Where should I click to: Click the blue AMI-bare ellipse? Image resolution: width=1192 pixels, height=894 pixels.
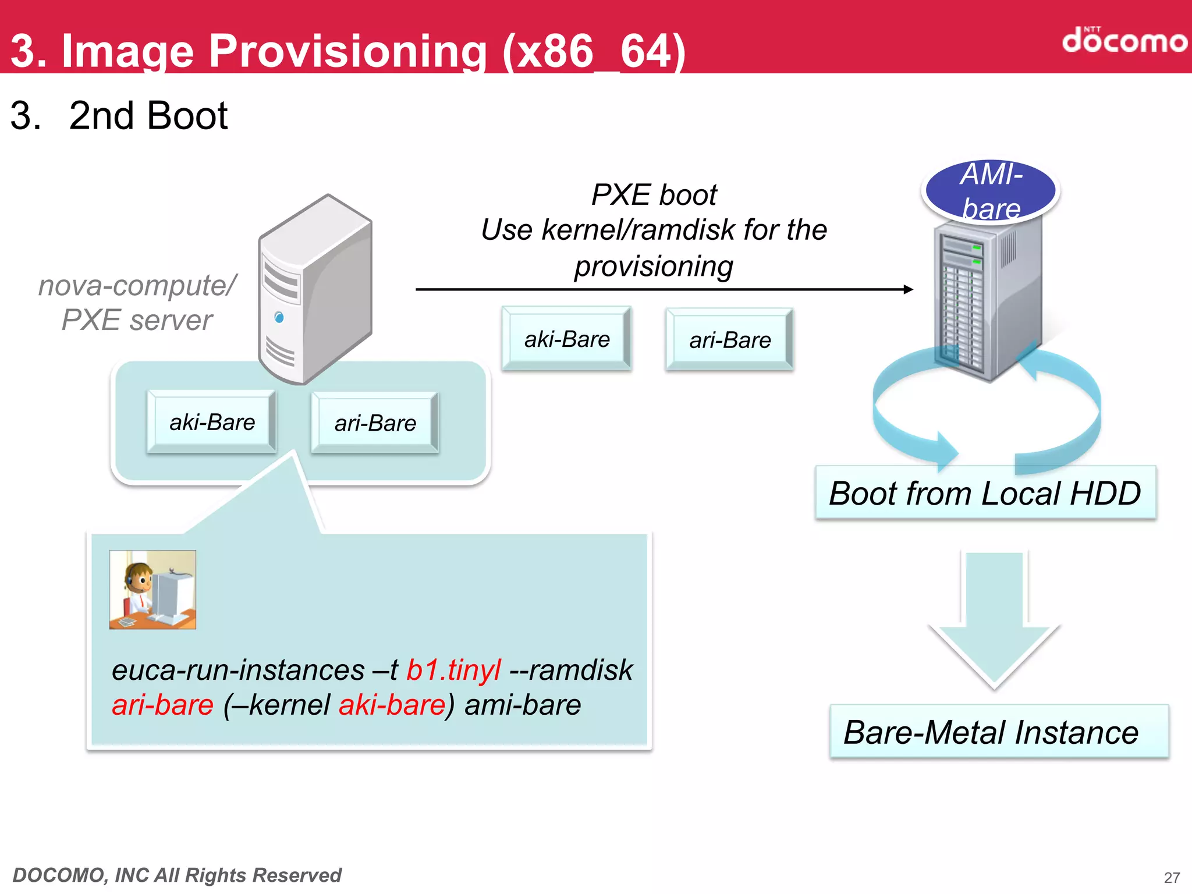click(991, 191)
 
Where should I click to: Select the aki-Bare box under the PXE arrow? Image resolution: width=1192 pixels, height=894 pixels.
click(566, 339)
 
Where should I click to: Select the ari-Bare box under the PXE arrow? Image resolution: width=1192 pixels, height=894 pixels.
click(729, 340)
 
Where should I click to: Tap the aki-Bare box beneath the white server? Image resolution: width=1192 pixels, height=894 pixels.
click(212, 422)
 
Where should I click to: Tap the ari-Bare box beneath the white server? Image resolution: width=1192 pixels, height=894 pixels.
click(375, 423)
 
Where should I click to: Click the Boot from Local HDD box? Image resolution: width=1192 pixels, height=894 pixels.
click(985, 493)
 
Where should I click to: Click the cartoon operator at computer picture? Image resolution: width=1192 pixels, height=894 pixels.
click(152, 590)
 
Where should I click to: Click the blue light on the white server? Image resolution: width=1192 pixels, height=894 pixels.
click(279, 317)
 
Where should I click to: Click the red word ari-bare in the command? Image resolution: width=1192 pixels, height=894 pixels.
click(162, 705)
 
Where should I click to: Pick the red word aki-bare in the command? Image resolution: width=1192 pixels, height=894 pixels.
click(392, 705)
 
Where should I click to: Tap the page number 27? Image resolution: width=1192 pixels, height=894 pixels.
click(1171, 877)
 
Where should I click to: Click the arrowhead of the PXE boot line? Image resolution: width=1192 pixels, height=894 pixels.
click(909, 289)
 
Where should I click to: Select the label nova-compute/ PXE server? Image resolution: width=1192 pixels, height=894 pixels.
click(137, 303)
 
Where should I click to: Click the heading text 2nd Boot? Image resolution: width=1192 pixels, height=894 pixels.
click(148, 115)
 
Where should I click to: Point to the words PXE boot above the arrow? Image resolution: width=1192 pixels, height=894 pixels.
click(654, 194)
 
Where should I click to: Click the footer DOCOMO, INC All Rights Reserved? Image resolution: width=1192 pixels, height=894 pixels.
click(177, 875)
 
